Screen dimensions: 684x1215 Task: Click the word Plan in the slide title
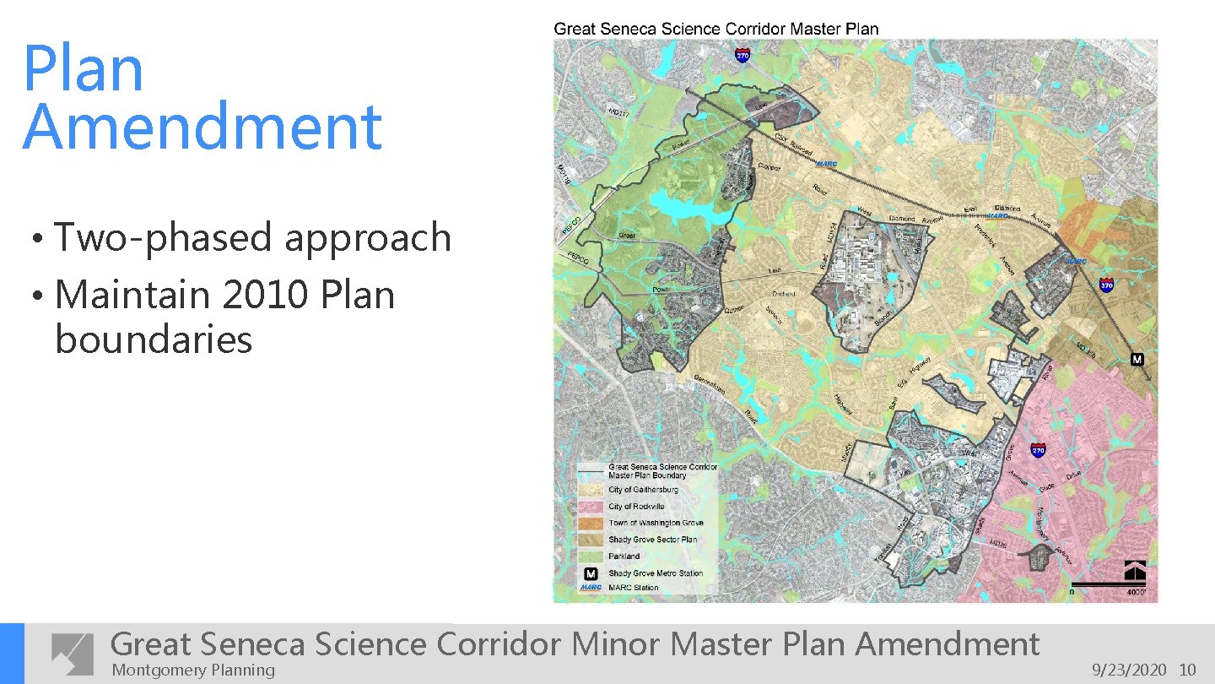tap(83, 69)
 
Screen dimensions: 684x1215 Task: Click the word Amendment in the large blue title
tap(202, 128)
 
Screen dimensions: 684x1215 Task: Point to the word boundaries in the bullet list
tap(154, 340)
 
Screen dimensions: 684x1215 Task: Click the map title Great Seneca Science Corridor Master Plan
tap(715, 29)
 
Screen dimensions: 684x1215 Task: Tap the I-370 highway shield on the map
tap(1106, 285)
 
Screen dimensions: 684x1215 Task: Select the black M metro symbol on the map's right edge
tap(1137, 360)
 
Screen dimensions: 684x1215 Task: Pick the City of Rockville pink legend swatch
tap(592, 506)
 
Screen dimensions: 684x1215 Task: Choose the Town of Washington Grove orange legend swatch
tap(592, 523)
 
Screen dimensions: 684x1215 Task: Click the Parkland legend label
tap(624, 556)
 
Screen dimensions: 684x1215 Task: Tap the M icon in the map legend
tap(592, 573)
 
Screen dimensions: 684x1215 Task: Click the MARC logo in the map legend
tap(591, 588)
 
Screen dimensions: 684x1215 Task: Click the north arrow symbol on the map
tap(1134, 571)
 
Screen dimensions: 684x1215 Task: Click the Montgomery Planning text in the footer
tap(193, 670)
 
